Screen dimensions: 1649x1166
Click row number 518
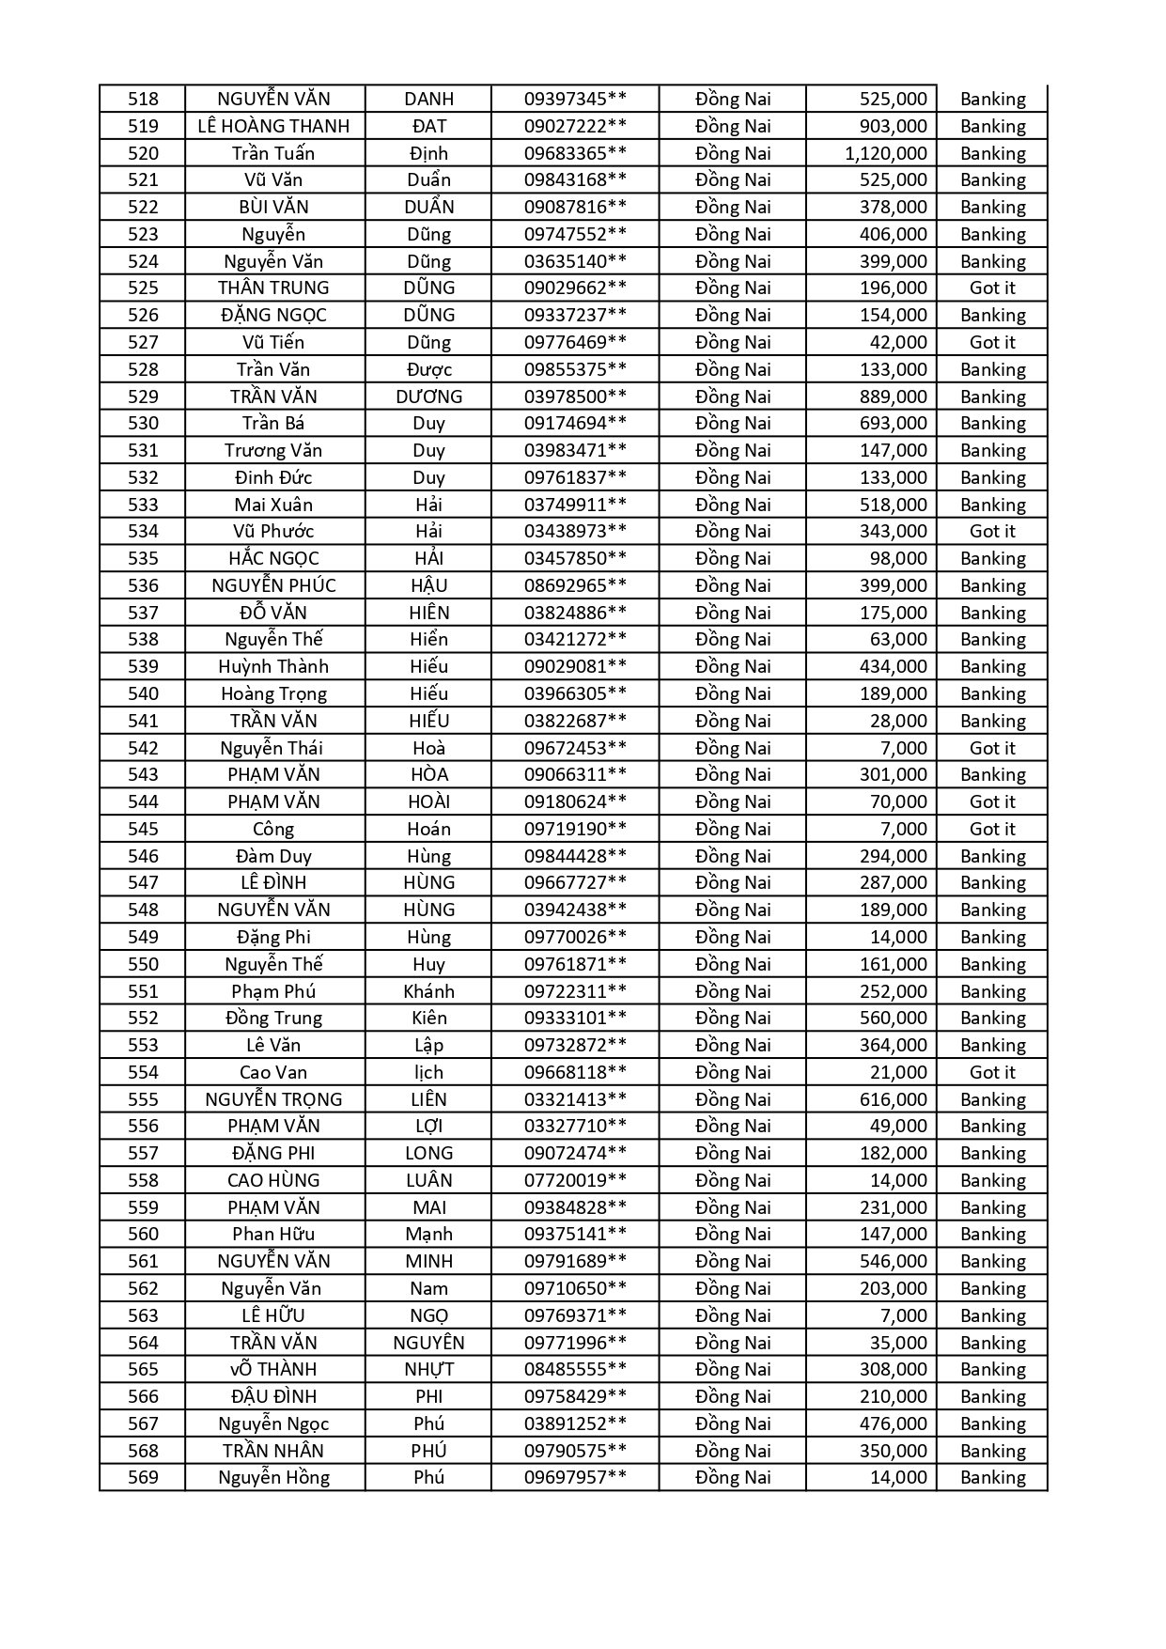coord(143,99)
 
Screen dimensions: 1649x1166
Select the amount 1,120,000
coord(885,153)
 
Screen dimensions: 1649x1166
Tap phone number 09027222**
coord(575,126)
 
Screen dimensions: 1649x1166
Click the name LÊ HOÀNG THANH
coord(273,126)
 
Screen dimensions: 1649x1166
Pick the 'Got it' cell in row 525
coord(992,288)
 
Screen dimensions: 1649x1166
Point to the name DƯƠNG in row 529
coord(428,397)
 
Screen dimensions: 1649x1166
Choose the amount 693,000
coord(893,424)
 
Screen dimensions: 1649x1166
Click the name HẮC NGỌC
coord(273,559)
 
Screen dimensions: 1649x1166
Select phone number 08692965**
coord(575,585)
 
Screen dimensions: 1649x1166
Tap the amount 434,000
coord(893,667)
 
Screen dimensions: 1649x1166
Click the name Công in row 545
coord(273,830)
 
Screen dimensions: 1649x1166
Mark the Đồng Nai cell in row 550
coord(733,964)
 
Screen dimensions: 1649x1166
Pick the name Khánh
coord(428,991)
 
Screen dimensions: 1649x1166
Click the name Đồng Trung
coord(273,1019)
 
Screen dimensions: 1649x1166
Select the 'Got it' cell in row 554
coord(992,1072)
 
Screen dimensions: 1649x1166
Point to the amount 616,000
coord(893,1099)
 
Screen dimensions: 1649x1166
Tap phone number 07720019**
coord(575,1180)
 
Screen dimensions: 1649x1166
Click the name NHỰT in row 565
coord(428,1370)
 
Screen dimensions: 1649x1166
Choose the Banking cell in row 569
coord(992,1478)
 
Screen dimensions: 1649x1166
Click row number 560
coord(143,1235)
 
